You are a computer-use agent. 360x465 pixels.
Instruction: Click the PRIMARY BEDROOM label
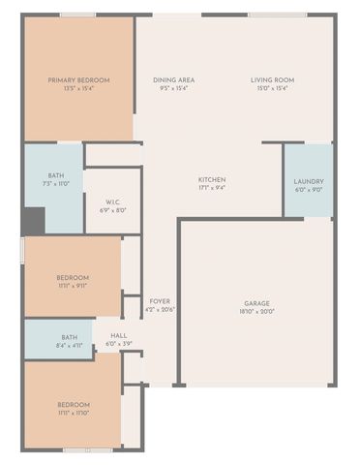79,80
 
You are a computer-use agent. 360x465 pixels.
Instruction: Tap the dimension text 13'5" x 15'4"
79,88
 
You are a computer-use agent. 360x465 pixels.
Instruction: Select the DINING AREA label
173,80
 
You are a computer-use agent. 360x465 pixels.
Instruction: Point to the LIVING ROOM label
272,80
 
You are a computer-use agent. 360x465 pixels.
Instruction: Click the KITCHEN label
212,179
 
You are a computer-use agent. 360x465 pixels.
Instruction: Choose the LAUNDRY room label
309,181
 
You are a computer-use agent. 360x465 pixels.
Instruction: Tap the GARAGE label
256,303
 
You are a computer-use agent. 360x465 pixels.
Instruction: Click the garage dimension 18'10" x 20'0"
256,312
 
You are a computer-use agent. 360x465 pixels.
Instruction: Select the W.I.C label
113,201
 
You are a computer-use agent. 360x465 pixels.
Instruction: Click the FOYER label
160,301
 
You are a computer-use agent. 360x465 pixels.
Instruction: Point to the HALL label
119,335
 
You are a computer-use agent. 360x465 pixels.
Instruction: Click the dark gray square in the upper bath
33,221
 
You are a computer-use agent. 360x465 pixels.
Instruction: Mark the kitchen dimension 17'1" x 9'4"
212,188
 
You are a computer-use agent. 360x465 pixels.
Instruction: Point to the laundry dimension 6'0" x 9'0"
309,190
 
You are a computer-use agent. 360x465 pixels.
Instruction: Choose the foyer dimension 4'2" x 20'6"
160,310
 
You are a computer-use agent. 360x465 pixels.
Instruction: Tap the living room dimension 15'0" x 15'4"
272,88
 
